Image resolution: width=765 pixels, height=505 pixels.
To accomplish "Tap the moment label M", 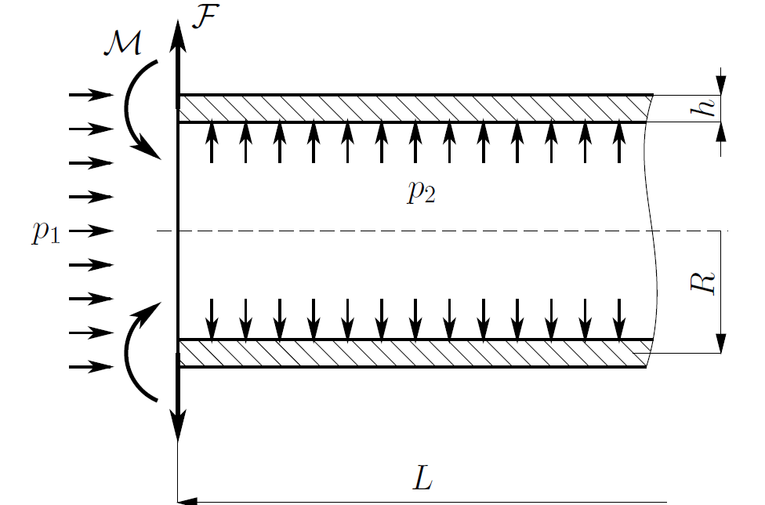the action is point(123,43).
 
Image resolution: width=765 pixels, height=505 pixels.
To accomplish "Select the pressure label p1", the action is point(46,232).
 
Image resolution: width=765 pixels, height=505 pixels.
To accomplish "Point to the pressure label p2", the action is point(422,191).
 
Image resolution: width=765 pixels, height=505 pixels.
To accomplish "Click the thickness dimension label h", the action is point(704,106).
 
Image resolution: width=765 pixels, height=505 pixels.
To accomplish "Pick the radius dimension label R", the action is point(702,283).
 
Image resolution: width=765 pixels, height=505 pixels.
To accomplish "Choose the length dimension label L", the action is point(422,478).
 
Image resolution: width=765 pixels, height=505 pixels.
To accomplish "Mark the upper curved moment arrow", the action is point(127,108).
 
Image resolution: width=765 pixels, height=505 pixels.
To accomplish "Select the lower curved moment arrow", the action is point(127,352).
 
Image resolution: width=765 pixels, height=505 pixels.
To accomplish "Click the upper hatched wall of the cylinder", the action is point(415,108).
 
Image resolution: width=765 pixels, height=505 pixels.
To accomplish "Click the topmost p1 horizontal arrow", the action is point(91,95).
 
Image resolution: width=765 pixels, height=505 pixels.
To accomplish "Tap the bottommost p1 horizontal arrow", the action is point(91,367).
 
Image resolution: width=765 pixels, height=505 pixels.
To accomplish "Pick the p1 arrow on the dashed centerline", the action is point(91,231).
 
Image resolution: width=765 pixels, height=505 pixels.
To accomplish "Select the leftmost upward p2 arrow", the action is point(212,143).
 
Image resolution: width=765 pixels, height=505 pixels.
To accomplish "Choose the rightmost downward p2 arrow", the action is point(619,319).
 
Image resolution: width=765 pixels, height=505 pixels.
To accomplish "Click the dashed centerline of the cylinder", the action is point(442,231).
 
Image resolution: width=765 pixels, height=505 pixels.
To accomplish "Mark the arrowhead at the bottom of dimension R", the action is point(720,343).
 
